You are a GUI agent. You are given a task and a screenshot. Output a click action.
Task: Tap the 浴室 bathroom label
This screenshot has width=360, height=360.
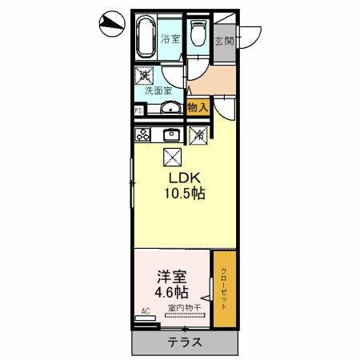coord(169,38)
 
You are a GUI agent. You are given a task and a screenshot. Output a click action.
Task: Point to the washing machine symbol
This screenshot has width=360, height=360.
coord(145,75)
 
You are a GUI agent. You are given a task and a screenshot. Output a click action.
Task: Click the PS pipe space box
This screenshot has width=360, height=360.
coord(138,110)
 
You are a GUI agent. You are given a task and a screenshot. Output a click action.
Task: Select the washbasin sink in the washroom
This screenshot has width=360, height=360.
coord(170,108)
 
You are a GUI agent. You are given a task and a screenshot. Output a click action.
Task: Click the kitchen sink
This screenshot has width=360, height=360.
coord(171,134)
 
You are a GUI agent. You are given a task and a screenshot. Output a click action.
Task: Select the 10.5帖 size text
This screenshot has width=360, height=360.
coord(182,194)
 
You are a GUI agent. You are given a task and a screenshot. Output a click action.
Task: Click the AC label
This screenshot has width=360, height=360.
coord(145,310)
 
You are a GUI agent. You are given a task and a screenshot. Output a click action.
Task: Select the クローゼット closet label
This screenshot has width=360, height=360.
coord(223,288)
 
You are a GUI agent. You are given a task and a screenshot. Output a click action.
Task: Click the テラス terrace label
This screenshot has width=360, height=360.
coord(186,342)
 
